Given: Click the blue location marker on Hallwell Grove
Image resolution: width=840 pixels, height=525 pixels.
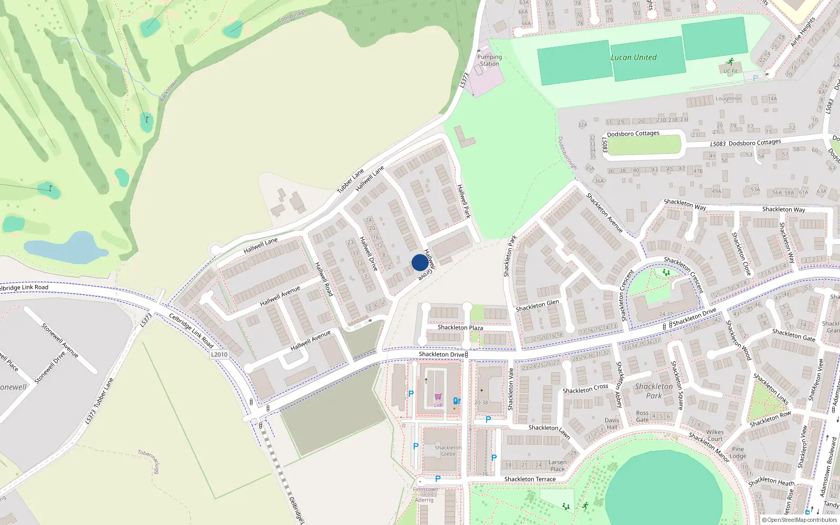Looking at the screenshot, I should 419,262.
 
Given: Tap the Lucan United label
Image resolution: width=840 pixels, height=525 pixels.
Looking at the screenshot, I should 633,58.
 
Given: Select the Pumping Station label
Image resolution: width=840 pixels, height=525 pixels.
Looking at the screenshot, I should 489,60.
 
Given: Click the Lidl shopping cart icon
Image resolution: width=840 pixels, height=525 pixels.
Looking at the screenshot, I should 438,397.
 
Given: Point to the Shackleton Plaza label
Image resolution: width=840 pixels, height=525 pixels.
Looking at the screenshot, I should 460,328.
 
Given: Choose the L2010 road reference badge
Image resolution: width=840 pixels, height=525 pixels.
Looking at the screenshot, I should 219,354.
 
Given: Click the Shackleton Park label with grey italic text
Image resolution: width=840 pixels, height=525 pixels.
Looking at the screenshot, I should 654,391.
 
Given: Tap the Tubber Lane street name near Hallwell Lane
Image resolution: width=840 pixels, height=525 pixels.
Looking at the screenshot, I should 350,181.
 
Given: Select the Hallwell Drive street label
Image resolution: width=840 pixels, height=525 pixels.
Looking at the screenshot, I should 369,254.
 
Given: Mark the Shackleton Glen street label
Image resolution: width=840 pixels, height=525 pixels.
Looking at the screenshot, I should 537,306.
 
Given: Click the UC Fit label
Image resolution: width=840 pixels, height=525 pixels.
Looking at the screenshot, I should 730,71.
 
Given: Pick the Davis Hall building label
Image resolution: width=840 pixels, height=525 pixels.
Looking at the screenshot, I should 612,424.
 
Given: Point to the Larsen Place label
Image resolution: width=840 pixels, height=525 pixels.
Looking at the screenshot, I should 558,466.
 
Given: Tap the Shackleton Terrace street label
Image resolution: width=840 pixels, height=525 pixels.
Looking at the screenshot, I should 530,479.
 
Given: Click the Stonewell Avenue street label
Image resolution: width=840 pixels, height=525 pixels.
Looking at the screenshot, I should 60,341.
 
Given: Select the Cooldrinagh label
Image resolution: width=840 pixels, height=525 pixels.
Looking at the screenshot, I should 292,16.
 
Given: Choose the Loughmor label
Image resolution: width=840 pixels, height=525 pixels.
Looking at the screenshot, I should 728,99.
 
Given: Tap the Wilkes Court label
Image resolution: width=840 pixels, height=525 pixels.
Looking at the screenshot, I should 715,436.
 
